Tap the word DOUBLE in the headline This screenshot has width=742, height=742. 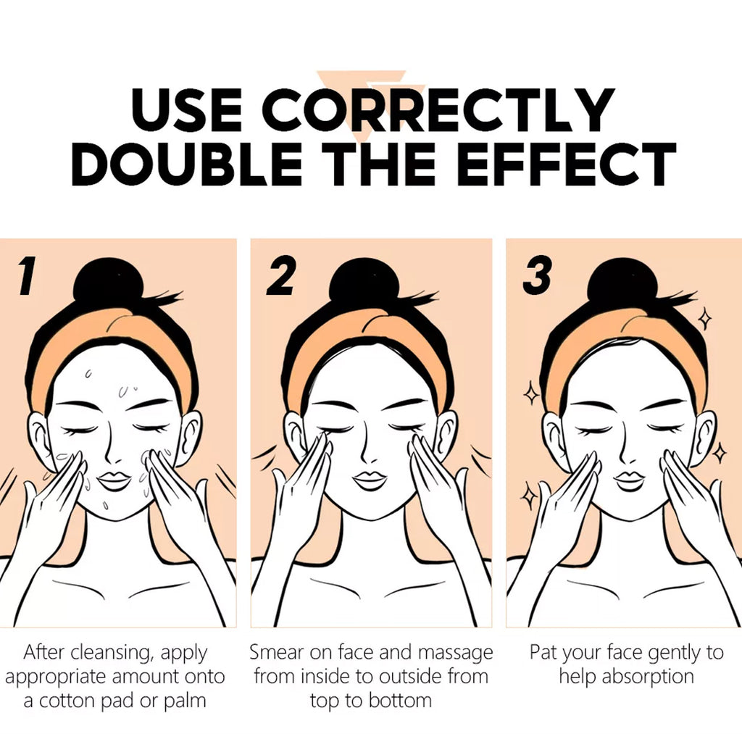(x=187, y=164)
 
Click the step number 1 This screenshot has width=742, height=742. (x=27, y=276)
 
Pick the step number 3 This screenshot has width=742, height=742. (x=537, y=275)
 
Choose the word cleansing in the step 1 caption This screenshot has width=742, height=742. (x=110, y=654)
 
